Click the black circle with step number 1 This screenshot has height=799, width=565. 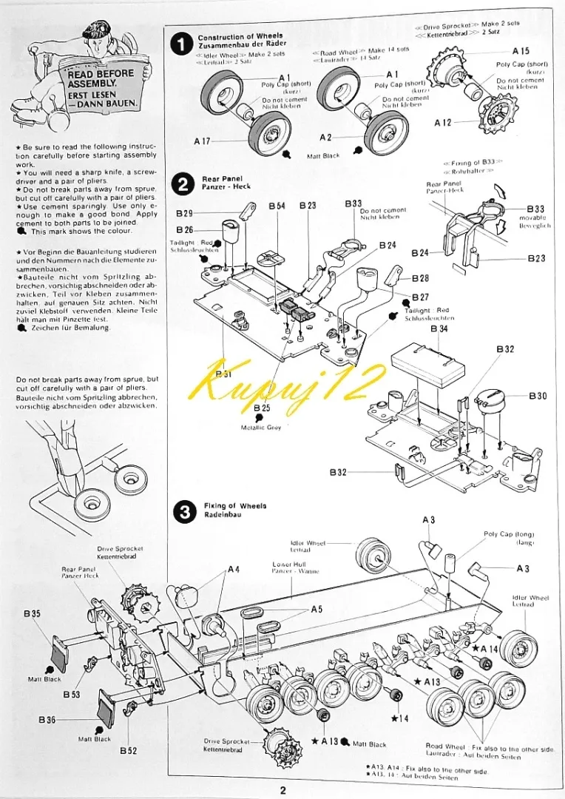pyautogui.click(x=180, y=44)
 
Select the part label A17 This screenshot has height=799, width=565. pyautogui.click(x=202, y=141)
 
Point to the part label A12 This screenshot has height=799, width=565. pyautogui.click(x=443, y=122)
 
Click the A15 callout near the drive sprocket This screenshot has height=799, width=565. pyautogui.click(x=521, y=51)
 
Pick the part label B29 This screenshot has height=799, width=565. pyautogui.click(x=185, y=213)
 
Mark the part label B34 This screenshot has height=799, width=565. pyautogui.click(x=439, y=328)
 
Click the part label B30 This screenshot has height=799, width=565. pyautogui.click(x=538, y=396)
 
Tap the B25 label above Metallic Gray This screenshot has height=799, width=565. pyautogui.click(x=262, y=408)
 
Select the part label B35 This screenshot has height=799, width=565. pyautogui.click(x=32, y=614)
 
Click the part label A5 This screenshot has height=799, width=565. pyautogui.click(x=317, y=609)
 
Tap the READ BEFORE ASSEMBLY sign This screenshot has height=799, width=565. pyautogui.click(x=101, y=88)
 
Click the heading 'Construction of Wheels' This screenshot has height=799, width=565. pyautogui.click(x=240, y=36)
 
